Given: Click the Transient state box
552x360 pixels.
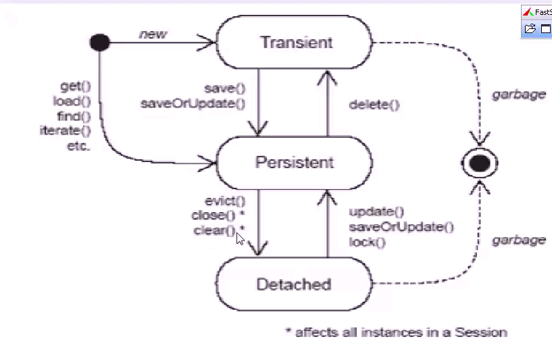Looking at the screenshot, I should (x=296, y=43).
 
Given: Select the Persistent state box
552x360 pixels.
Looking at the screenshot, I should (x=295, y=163).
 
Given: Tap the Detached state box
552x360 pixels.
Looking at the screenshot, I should (x=294, y=284).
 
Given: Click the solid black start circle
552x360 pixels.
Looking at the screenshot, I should (x=100, y=43).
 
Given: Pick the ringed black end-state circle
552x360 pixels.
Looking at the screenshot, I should (x=480, y=163).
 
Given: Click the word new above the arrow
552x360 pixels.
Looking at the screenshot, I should (x=153, y=34).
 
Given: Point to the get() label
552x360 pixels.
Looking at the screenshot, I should (x=75, y=87).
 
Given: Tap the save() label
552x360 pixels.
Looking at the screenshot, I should (x=224, y=89).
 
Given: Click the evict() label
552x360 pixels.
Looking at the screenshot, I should (x=225, y=201).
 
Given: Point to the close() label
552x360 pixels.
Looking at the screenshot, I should (x=220, y=215).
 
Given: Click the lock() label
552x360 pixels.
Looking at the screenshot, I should (x=367, y=242).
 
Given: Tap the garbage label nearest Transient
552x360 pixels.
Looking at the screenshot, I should (x=518, y=94).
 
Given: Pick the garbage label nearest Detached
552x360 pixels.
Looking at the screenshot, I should (x=518, y=240).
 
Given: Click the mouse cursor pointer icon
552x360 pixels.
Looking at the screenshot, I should (x=240, y=238).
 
